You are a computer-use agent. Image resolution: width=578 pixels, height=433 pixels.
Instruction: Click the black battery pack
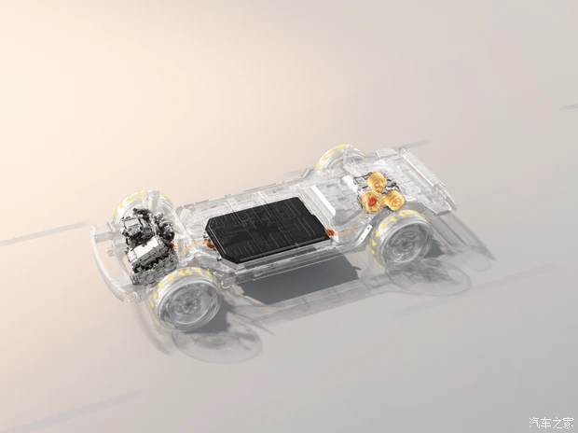(266, 229)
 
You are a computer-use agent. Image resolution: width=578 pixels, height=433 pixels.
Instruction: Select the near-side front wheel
(188, 299)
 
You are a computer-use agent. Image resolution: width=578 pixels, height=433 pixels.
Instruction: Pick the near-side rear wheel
(403, 237)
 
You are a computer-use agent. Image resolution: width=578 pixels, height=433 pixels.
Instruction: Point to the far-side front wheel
(142, 208)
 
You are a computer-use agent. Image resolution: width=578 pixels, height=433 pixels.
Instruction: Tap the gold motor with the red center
(371, 203)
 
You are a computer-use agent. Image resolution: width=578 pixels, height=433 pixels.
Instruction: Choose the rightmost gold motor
(393, 200)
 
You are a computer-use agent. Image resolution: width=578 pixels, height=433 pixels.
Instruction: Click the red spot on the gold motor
(372, 202)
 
